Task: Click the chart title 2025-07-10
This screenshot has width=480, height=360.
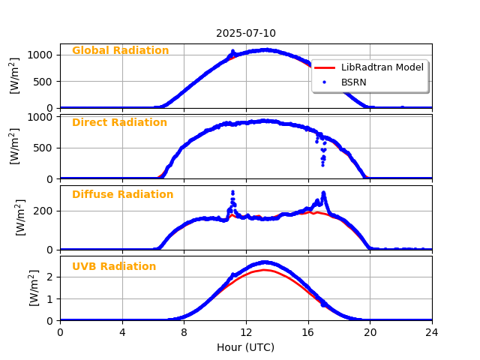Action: pyautogui.click(x=245, y=34)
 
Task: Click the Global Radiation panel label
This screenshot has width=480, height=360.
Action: pyautogui.click(x=120, y=51)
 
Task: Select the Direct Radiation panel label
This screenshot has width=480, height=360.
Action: pyautogui.click(x=119, y=123)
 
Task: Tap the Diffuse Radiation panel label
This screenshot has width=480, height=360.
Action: pyautogui.click(x=122, y=195)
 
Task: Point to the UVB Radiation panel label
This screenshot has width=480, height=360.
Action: pyautogui.click(x=114, y=267)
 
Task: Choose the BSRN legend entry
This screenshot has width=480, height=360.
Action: pyautogui.click(x=353, y=82)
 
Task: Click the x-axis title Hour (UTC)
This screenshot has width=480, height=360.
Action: pyautogui.click(x=245, y=347)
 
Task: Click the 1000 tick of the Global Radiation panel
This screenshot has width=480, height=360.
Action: pyautogui.click(x=41, y=55)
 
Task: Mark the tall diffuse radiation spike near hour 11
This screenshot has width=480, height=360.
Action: pyautogui.click(x=232, y=192)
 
